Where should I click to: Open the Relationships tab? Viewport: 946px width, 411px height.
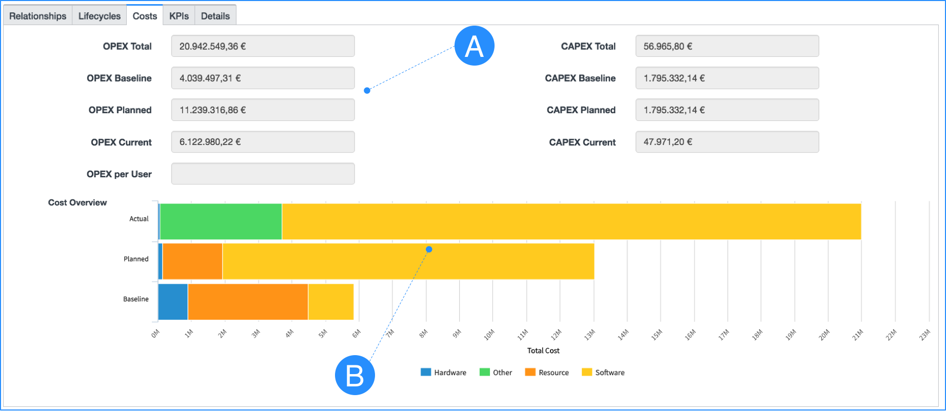click(x=37, y=16)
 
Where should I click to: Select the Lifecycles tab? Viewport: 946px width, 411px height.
click(x=99, y=16)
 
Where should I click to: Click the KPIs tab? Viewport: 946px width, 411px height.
click(x=179, y=16)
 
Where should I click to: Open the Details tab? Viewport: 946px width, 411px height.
click(x=215, y=16)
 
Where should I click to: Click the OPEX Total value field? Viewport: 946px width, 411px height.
click(x=263, y=46)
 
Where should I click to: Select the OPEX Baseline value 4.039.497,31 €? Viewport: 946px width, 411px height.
click(x=263, y=78)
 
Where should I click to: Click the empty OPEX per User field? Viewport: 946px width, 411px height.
click(x=263, y=174)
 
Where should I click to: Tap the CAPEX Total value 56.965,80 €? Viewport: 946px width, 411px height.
click(x=726, y=46)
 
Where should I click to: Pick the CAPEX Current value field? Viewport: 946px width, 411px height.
click(x=726, y=142)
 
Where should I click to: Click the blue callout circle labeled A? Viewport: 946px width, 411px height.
click(x=474, y=46)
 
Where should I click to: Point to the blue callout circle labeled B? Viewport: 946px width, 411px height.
click(x=354, y=375)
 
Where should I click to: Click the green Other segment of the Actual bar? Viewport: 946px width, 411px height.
click(x=221, y=221)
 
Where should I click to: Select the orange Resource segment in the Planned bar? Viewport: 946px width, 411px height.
click(x=192, y=261)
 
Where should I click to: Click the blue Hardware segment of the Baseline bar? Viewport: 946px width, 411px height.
click(x=173, y=302)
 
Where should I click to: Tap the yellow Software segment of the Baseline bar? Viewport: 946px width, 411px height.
click(x=330, y=302)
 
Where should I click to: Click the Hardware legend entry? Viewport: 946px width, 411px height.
click(x=444, y=373)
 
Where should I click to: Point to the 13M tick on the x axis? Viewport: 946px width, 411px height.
click(x=590, y=335)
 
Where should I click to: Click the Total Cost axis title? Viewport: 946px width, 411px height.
click(x=543, y=351)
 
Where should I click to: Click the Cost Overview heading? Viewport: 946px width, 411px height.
click(x=77, y=202)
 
